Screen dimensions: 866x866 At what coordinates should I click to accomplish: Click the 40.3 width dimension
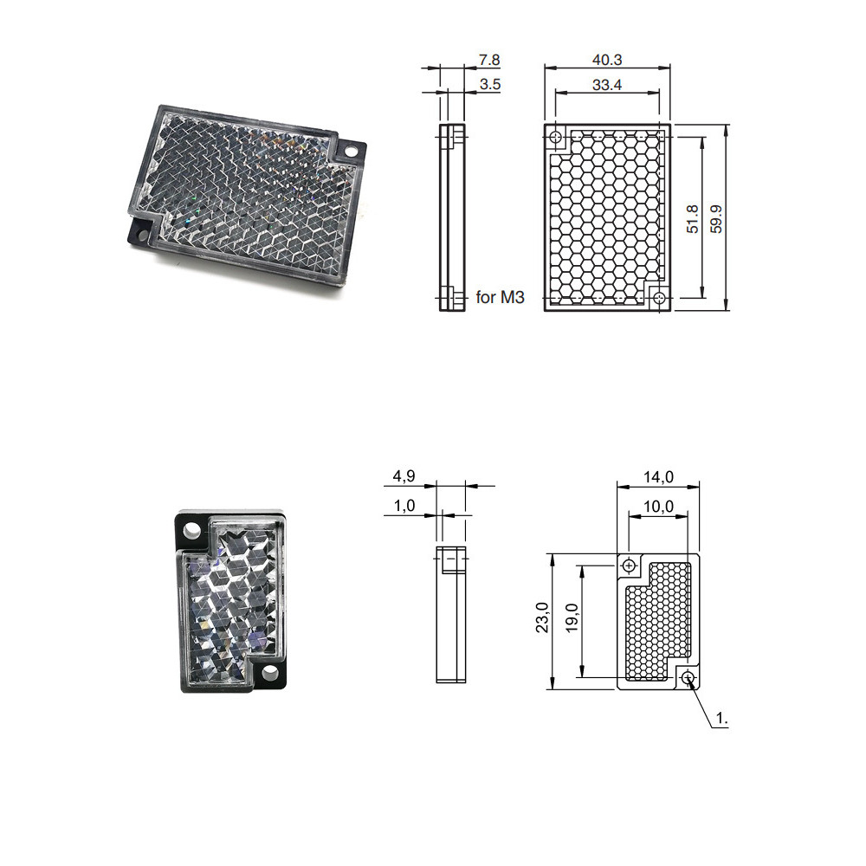[x=607, y=60]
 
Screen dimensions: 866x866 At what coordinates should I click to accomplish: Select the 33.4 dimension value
[x=607, y=85]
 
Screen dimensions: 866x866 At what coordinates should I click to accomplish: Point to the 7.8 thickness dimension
[x=488, y=60]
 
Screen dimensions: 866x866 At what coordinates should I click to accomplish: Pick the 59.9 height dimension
[x=715, y=218]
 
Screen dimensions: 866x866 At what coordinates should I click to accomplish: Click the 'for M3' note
[x=500, y=298]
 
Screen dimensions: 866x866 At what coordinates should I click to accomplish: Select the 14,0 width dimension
[x=657, y=476]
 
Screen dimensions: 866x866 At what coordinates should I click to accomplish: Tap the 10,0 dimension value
[x=657, y=507]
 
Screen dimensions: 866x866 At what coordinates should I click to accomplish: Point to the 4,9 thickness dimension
[x=404, y=476]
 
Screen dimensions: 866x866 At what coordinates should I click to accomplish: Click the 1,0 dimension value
[x=404, y=506]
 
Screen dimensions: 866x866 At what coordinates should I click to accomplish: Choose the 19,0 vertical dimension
[x=572, y=618]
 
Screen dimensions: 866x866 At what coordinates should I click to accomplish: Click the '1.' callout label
[x=723, y=719]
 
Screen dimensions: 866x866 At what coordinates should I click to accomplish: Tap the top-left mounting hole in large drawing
[x=557, y=137]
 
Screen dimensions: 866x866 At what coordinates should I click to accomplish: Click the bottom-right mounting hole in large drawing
[x=659, y=298]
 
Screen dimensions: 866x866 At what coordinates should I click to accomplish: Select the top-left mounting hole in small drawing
[x=629, y=565]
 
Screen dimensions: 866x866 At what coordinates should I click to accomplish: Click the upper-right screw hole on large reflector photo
[x=351, y=151]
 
